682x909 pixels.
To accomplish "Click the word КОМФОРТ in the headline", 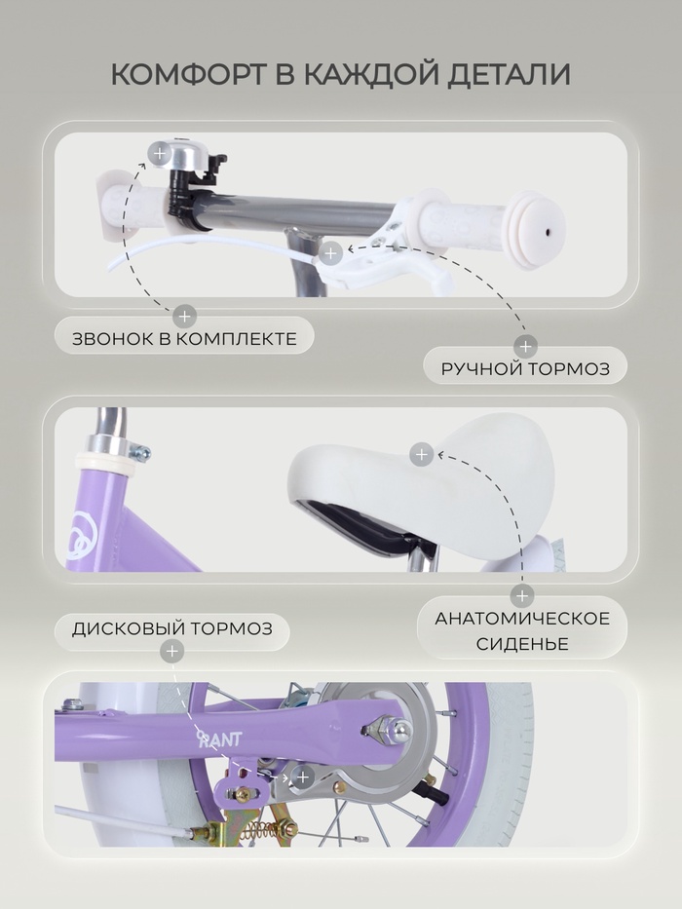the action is coord(189,74).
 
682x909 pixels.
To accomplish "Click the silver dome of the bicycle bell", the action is coord(178,154).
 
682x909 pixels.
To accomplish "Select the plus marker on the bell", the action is coord(160,154).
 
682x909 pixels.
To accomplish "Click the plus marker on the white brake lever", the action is coord(330,252).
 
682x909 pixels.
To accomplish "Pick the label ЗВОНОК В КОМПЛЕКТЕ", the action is coord(184,339).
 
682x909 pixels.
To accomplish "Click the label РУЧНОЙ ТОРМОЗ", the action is coord(525,368).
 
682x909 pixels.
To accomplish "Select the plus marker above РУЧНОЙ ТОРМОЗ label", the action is coord(525,347).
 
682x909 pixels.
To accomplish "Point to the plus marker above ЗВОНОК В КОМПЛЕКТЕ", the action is coord(184,317).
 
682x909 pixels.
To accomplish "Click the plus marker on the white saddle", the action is coord(421,454).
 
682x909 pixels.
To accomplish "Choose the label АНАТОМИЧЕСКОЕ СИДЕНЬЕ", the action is coord(522,630).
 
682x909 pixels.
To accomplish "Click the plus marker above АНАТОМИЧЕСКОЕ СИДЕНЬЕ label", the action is coord(522,595).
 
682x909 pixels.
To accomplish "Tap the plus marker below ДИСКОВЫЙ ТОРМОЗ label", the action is coord(171,652).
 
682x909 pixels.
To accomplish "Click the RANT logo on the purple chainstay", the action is coord(219,739).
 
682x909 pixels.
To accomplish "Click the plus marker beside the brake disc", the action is coord(302,776).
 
